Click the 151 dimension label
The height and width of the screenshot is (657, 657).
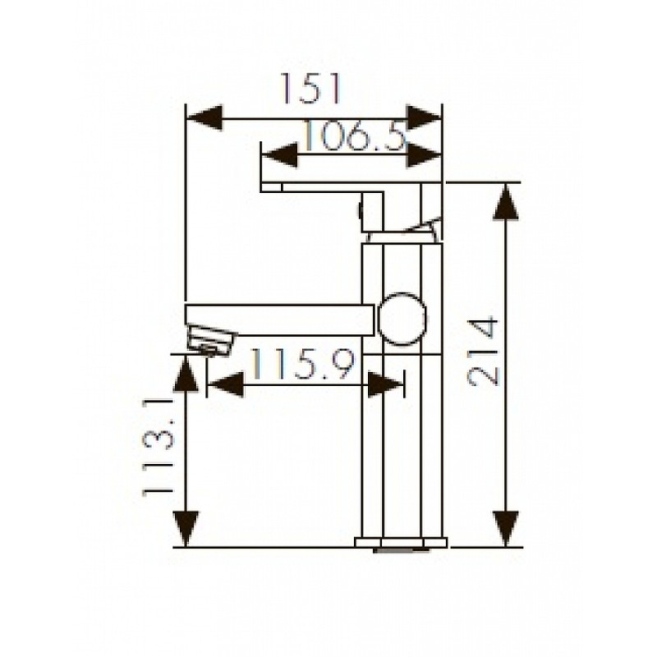[310, 89]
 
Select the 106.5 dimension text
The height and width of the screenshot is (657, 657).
[355, 135]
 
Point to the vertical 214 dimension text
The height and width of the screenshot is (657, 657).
[483, 352]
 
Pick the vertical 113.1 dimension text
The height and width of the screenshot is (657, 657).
[158, 448]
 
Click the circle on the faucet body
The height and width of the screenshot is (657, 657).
[402, 319]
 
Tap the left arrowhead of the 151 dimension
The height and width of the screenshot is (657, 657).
[204, 118]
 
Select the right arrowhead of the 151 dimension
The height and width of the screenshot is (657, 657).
[424, 118]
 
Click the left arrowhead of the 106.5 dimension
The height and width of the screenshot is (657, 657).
[279, 155]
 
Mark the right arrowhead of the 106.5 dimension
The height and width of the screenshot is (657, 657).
[424, 155]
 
